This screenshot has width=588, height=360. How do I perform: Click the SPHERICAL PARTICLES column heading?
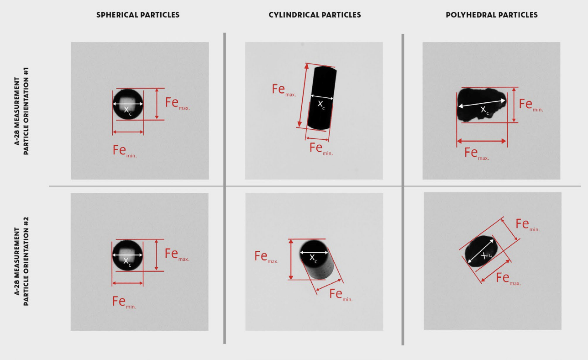point(138,15)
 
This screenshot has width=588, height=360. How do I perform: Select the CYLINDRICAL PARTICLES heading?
point(315,15)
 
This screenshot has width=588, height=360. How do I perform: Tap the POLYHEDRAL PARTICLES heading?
point(492,15)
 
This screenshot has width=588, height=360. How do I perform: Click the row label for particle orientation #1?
point(21,111)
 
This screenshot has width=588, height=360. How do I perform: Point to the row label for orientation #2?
point(21,261)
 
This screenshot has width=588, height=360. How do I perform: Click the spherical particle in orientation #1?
point(128,104)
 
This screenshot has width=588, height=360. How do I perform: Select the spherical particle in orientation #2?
point(127,255)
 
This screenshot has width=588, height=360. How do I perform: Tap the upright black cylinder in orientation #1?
point(322,98)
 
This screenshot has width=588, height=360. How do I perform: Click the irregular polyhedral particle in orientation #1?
point(482,105)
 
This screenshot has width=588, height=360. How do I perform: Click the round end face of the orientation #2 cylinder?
point(314,253)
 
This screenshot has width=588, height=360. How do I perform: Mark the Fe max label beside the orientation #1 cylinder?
point(284,90)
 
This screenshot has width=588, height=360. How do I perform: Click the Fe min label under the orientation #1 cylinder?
point(321,149)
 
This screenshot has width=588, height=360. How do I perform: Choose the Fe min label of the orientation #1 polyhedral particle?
point(531,105)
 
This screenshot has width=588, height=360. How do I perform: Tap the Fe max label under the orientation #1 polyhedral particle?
point(477,154)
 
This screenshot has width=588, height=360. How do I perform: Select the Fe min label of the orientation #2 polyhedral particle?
point(528,225)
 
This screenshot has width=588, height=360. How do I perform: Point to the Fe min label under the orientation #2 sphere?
point(124,302)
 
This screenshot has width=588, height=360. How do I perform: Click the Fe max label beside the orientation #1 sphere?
point(178,104)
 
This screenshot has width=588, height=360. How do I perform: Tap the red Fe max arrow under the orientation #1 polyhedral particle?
point(482,141)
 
